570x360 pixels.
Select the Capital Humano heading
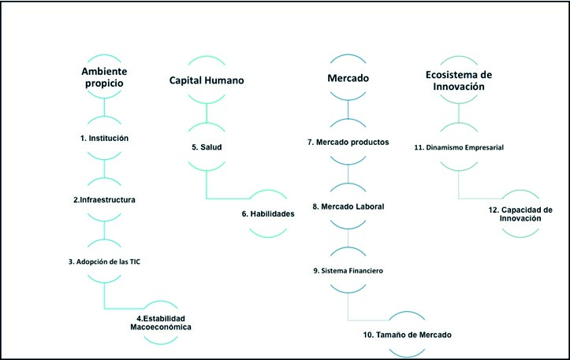[x=207, y=80]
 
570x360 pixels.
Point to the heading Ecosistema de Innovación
[x=458, y=80]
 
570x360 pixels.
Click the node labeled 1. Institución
[x=104, y=138]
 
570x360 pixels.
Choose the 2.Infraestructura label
[x=104, y=200]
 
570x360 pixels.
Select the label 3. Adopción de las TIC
[x=104, y=260]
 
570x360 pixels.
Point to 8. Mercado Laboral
[x=349, y=206]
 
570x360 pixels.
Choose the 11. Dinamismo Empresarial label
[x=459, y=147]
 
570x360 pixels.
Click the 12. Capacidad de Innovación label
[x=520, y=213]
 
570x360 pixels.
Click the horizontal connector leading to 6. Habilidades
[x=229, y=197]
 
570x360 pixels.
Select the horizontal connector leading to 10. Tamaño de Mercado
[x=369, y=321]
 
